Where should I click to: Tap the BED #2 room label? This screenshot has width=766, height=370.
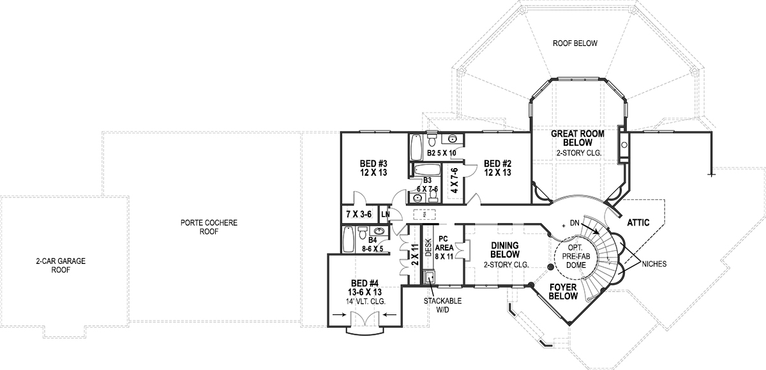497,167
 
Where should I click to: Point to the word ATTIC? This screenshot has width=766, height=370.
638,222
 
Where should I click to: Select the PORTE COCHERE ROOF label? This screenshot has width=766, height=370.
209,227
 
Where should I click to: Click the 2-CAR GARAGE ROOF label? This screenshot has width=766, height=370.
61,265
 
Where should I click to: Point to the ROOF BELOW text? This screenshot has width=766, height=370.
575,43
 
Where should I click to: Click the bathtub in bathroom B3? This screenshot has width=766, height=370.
426,170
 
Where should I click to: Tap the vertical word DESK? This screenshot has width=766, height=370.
428,246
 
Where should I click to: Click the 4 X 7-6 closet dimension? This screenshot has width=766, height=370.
454,181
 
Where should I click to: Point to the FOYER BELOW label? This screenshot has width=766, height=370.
564,292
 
